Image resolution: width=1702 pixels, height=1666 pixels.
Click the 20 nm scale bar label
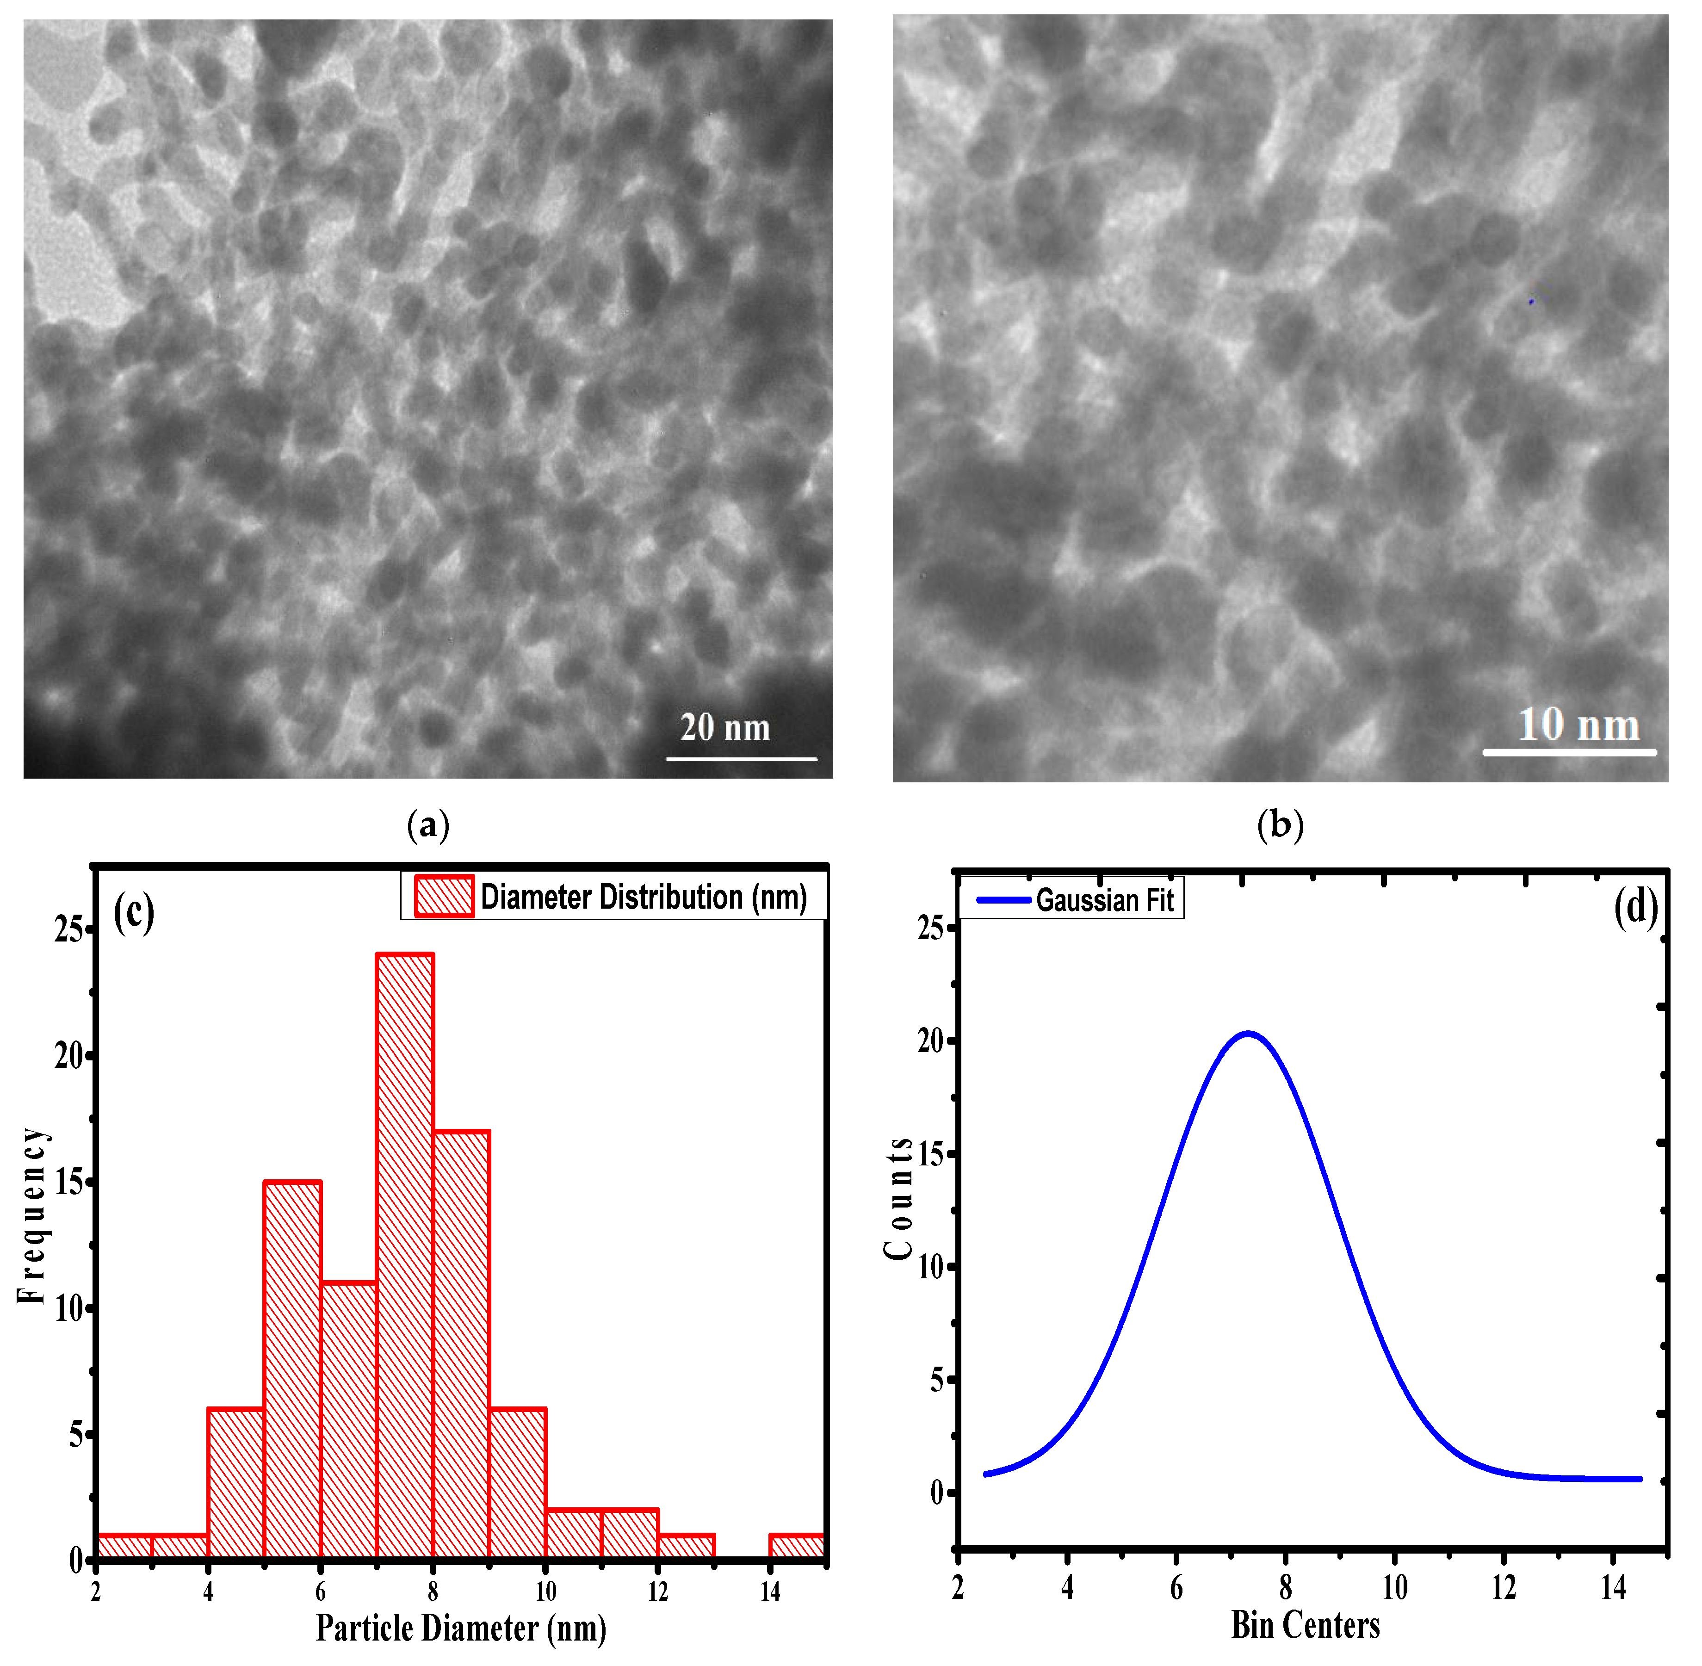[x=724, y=728]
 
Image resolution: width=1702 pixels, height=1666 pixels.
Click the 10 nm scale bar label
[x=1578, y=725]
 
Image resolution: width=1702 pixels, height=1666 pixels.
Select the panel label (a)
[x=428, y=824]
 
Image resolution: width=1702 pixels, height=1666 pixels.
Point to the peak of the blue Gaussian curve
[x=1248, y=1034]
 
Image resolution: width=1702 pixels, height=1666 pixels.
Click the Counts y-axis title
[x=899, y=1199]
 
